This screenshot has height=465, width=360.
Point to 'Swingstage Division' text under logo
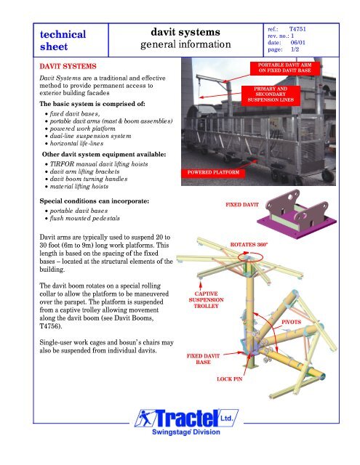coord(180,440)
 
